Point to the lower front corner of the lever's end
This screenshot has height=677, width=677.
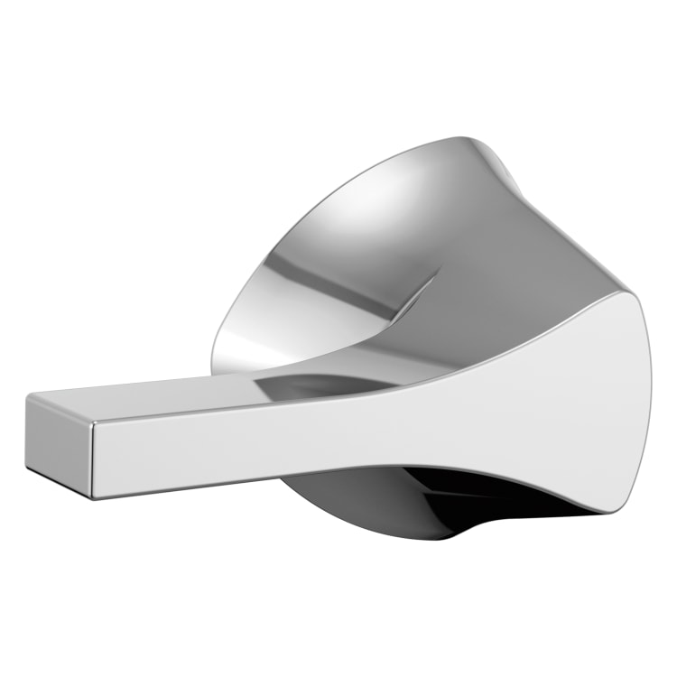(92, 495)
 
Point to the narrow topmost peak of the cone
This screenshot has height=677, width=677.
(469, 143)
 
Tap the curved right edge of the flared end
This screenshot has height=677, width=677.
(648, 397)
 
